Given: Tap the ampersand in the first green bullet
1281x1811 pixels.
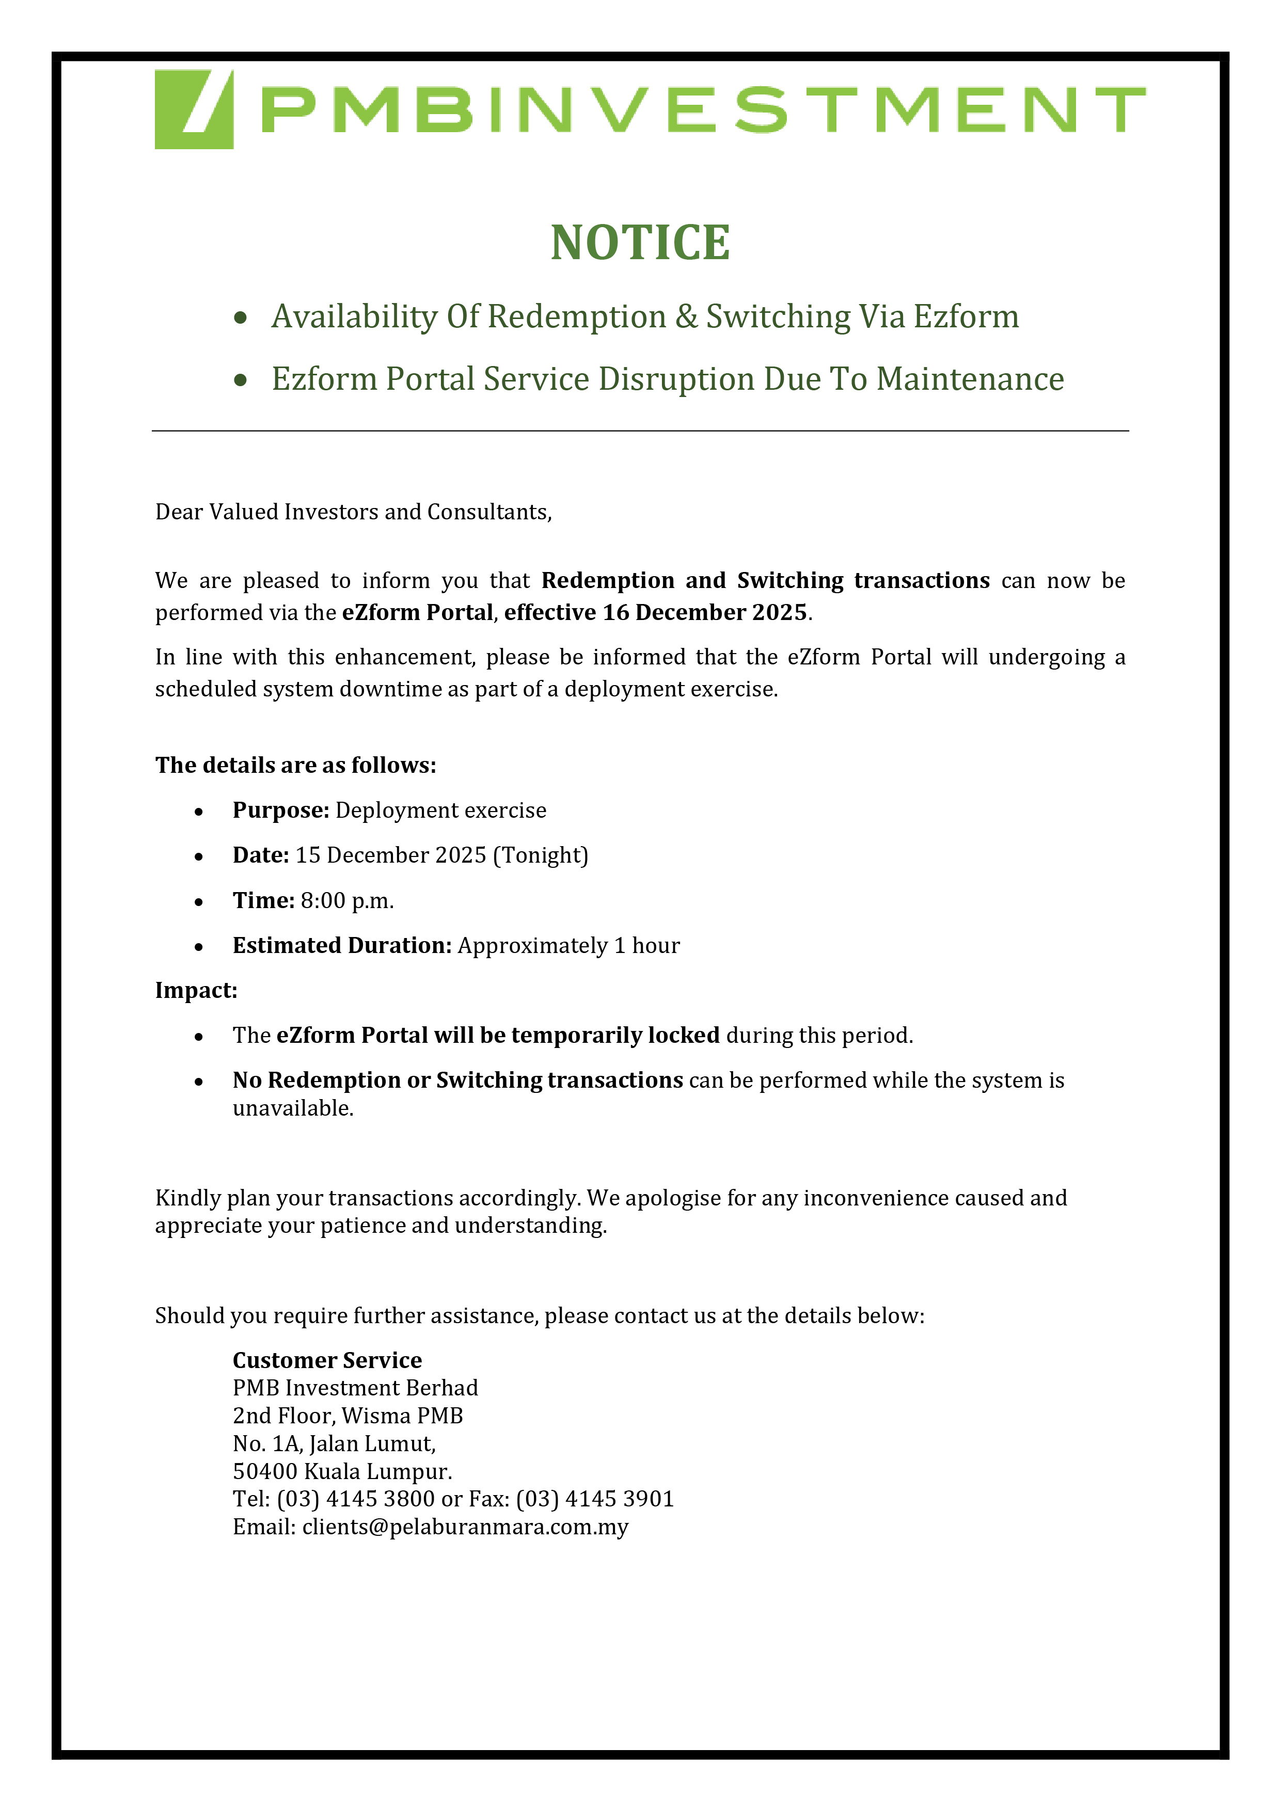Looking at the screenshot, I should coord(686,316).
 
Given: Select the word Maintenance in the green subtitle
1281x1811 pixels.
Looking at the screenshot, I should coord(970,379).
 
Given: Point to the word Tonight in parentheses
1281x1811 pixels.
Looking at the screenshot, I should coord(540,856).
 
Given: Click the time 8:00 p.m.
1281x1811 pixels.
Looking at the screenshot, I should coord(346,901).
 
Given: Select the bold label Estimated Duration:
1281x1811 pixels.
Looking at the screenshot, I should coord(341,946).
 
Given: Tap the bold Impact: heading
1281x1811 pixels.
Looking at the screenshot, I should coord(196,991).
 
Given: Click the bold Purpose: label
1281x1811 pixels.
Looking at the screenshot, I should coord(280,811).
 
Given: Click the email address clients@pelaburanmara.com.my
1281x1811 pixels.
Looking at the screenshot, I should coord(465,1527).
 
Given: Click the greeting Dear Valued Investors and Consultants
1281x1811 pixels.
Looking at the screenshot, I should coord(353,513).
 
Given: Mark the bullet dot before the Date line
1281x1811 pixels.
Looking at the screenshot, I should coord(199,856).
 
